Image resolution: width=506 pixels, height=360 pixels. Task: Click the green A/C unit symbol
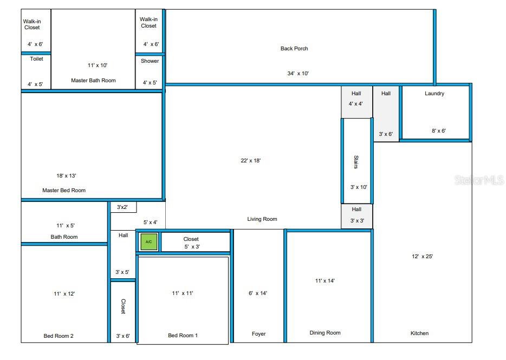149,242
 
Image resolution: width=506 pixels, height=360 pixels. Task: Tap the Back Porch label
294,49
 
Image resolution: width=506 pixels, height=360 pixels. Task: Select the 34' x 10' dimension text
298,73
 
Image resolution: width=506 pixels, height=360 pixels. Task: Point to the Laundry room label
434,94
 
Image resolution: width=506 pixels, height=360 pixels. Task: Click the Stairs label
356,162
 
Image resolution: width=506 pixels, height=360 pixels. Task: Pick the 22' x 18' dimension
250,161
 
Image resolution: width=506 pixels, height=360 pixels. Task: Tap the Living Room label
262,219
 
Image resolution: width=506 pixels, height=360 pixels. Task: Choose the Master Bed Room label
64,191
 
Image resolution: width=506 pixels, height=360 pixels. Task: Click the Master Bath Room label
93,81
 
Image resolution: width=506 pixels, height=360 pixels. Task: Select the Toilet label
36,59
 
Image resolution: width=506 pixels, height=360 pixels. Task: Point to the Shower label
150,61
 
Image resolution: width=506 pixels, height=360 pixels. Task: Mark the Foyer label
259,334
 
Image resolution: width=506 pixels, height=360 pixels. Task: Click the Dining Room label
325,333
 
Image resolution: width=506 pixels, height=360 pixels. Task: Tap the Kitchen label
419,333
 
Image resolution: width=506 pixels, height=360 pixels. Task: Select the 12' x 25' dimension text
423,257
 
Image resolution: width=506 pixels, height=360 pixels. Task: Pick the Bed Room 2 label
59,336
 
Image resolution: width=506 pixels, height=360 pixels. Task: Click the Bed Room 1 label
183,336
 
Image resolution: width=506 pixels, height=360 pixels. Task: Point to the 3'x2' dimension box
123,207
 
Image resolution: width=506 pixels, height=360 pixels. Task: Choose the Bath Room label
64,237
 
